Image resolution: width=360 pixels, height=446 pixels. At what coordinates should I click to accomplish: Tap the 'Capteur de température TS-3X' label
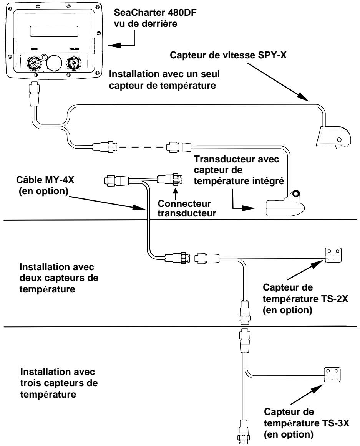(292, 423)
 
